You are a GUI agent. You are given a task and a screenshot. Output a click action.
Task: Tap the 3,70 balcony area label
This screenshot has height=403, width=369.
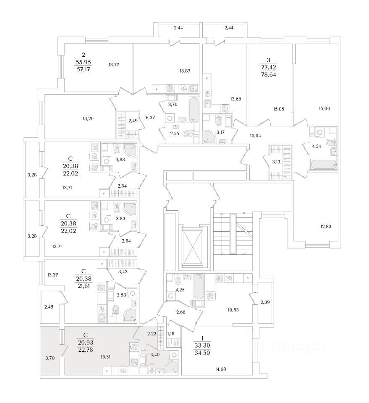[x=50, y=358]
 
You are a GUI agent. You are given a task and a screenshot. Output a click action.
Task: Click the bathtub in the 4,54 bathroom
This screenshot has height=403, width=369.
[x=322, y=164]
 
